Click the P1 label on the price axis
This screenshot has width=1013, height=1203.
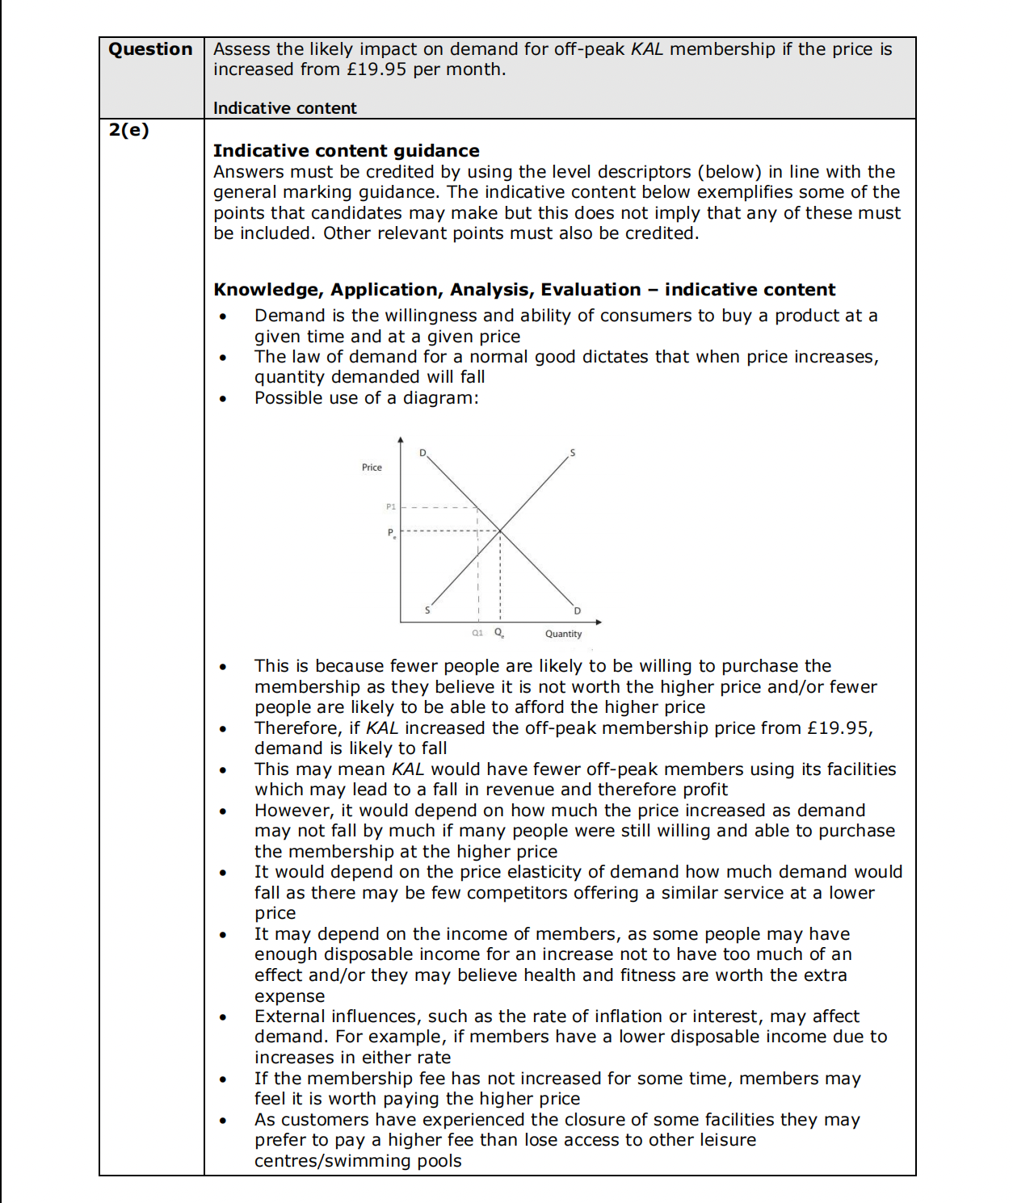(x=391, y=507)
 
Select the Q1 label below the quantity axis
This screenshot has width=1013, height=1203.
(x=477, y=633)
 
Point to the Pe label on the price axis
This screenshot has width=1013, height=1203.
(x=392, y=533)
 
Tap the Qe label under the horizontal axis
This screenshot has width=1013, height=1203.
(x=499, y=633)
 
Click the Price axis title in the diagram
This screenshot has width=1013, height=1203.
(x=372, y=467)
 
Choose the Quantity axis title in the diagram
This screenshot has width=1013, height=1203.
(x=563, y=634)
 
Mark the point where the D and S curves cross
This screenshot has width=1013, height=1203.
(x=500, y=530)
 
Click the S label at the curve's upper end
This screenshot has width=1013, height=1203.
(x=573, y=453)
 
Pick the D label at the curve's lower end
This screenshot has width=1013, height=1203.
(x=577, y=611)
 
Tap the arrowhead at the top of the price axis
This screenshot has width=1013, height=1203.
(x=401, y=440)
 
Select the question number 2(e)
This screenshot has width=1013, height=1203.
(x=129, y=130)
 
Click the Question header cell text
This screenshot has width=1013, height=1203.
(x=151, y=49)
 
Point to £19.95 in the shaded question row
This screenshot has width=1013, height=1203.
(x=376, y=69)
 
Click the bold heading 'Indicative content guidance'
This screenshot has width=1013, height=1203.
(x=346, y=151)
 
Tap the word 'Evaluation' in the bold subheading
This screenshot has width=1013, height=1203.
(x=591, y=290)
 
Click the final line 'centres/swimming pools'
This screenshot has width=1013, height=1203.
(x=358, y=1161)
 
